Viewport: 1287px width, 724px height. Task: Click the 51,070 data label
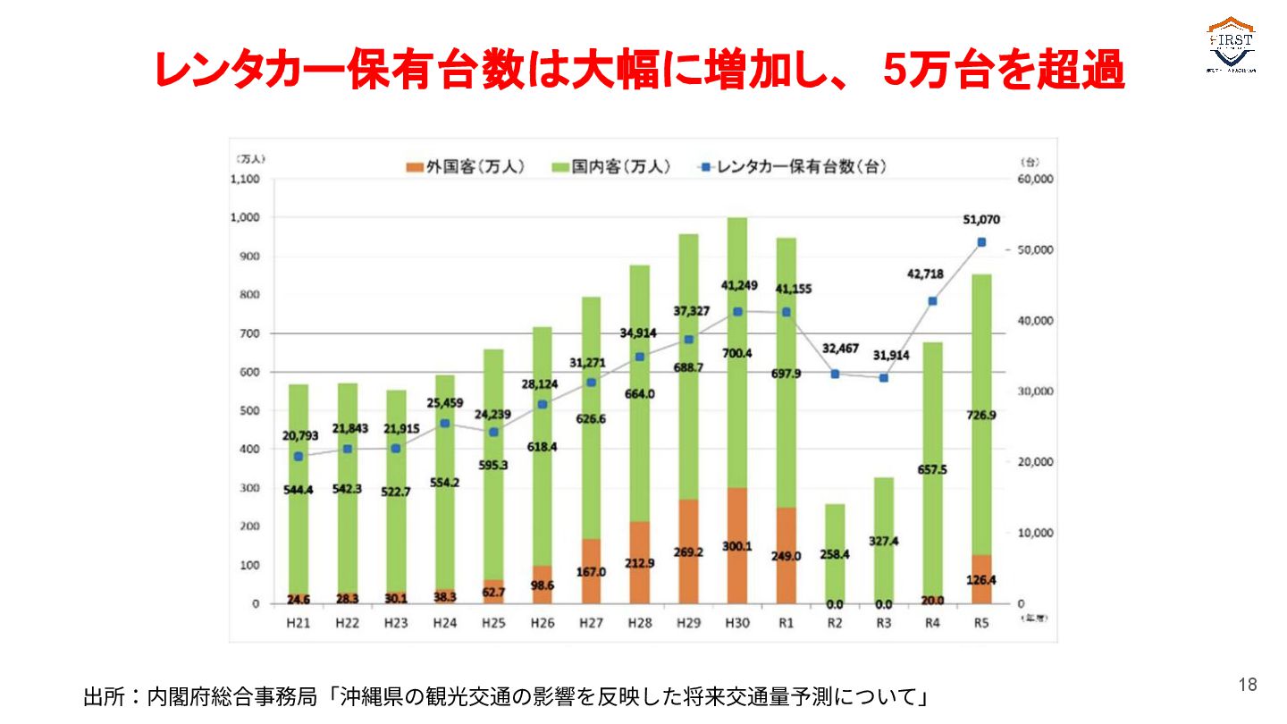(981, 220)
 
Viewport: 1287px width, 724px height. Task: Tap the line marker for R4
(932, 301)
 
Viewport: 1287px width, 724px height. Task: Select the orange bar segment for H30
(736, 545)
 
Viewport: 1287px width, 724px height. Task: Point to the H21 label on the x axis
(298, 623)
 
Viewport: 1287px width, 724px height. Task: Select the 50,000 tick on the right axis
(1039, 249)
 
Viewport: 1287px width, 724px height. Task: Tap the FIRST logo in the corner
(1231, 45)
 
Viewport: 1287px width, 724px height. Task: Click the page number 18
(1248, 686)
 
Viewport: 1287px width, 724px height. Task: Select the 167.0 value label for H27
(591, 572)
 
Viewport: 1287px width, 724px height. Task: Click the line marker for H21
(298, 457)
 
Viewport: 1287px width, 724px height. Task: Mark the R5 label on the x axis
(981, 623)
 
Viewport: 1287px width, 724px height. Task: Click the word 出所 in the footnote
(106, 696)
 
